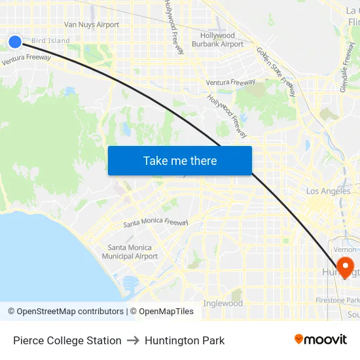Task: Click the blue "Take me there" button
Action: [x=180, y=161]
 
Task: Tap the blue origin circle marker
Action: [x=15, y=41]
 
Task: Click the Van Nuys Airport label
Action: [x=92, y=25]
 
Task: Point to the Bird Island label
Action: [x=50, y=41]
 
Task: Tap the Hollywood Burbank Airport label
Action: [x=217, y=40]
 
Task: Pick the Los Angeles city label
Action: [x=329, y=191]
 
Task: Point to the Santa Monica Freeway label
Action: [x=156, y=223]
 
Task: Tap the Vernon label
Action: [x=344, y=249]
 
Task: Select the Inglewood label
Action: [x=223, y=304]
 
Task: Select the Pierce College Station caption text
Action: [x=67, y=340]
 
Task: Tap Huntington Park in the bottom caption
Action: [x=185, y=340]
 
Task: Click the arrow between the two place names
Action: [x=133, y=340]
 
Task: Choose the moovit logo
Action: [x=320, y=340]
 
